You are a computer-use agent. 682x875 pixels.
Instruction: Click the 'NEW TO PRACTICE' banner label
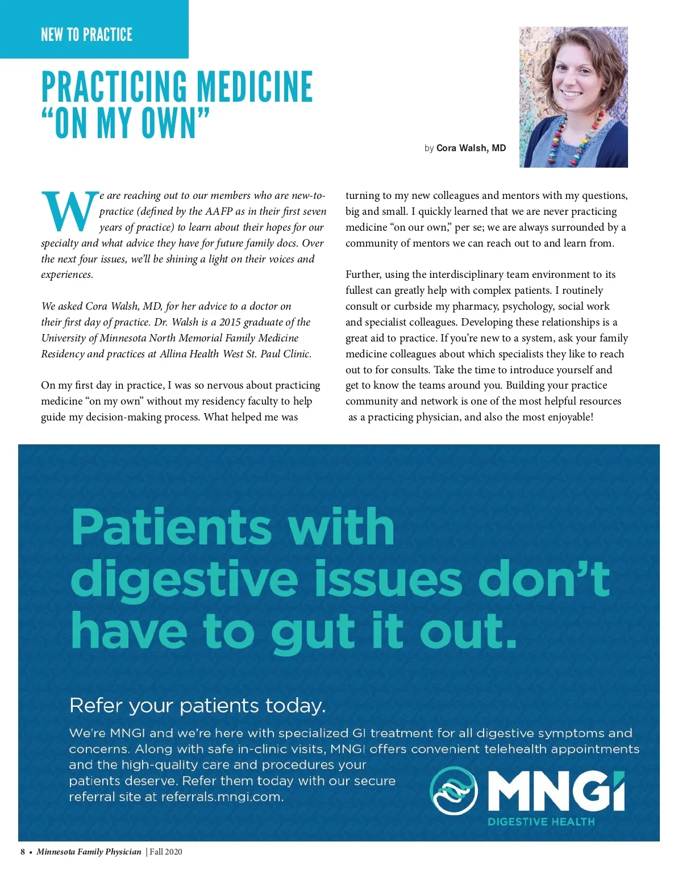(x=86, y=35)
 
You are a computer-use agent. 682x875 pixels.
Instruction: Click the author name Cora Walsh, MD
(x=471, y=148)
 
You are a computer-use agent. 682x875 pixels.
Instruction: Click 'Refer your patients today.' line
(x=197, y=706)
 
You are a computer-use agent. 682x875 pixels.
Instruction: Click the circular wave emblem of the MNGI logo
(x=453, y=790)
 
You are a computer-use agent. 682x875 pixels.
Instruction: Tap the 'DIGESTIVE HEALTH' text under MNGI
(x=540, y=822)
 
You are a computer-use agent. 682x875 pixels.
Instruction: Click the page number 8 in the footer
(x=23, y=852)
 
